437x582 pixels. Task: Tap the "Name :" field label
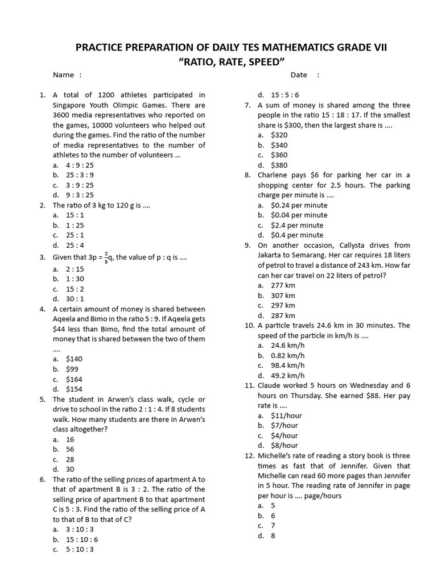(67, 75)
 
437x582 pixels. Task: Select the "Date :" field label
(304, 75)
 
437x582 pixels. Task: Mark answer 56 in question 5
(70, 449)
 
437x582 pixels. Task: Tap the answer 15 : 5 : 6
(285, 95)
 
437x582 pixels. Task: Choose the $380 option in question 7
(279, 165)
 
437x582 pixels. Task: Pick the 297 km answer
(283, 305)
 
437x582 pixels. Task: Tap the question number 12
(249, 455)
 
